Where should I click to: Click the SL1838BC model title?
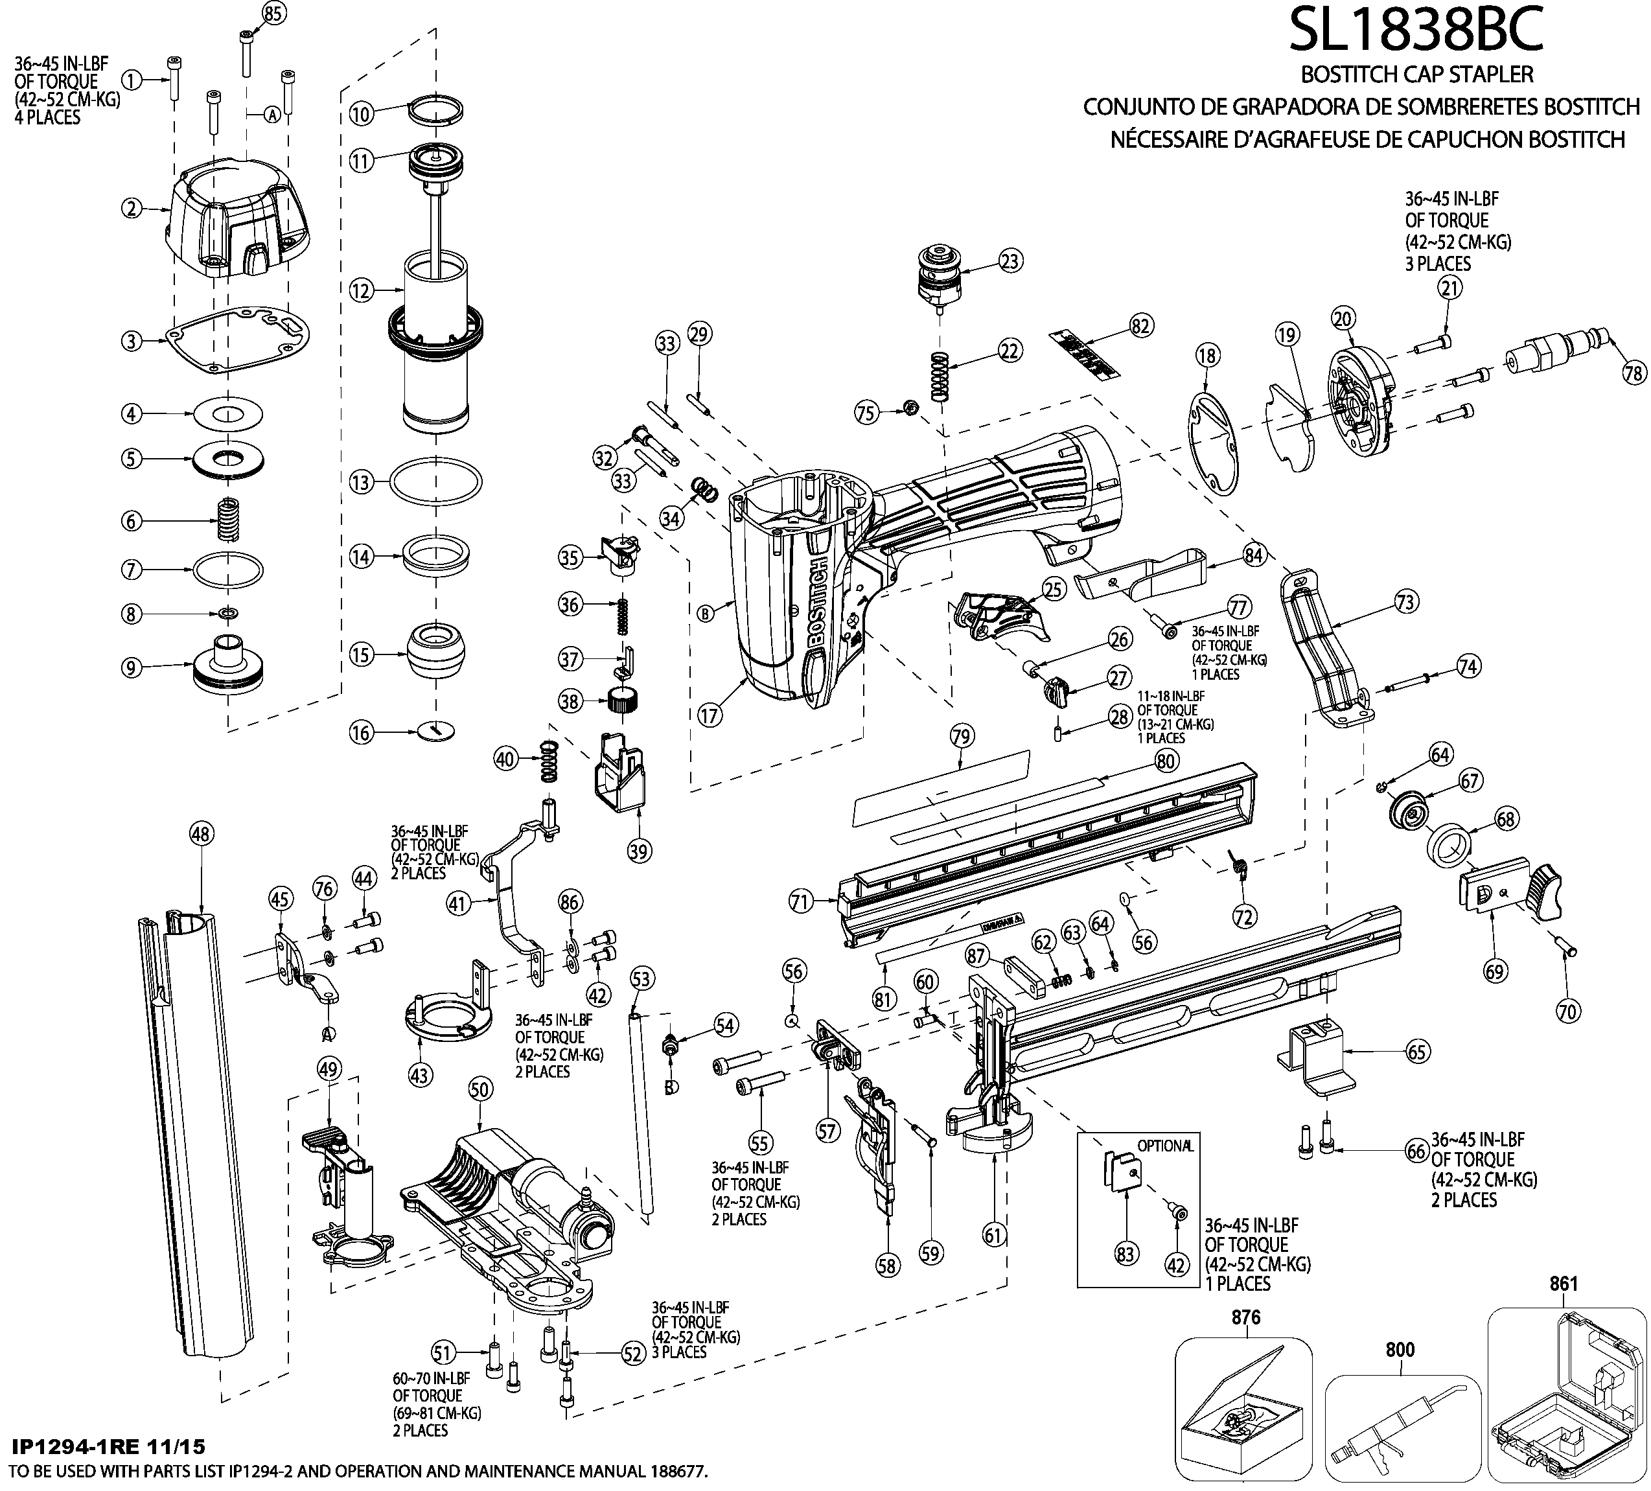pos(1416,31)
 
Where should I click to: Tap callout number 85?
pos(273,12)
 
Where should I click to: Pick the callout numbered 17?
pos(710,715)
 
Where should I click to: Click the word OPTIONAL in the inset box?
pos(1164,1146)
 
